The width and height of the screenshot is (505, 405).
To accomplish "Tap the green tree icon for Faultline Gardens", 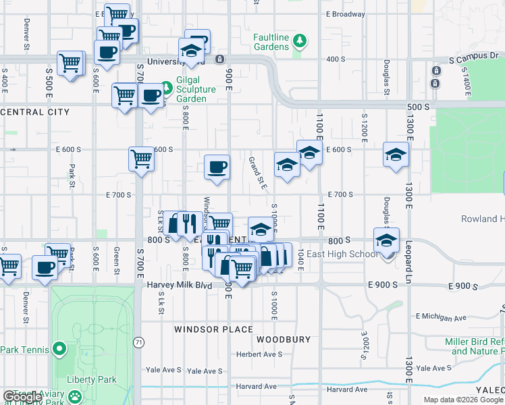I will [x=299, y=42].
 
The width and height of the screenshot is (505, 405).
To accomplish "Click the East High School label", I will [x=342, y=254].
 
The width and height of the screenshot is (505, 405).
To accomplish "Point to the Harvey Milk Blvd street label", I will [x=180, y=286].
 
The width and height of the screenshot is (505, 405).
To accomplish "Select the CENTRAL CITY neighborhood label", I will [x=35, y=112].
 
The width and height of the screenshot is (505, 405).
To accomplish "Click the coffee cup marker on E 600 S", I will [x=217, y=167].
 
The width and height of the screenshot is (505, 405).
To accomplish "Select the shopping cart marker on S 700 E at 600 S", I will [x=141, y=160].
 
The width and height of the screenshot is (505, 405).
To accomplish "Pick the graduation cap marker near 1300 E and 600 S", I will [x=396, y=155].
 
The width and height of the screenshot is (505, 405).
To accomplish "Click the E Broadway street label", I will [x=345, y=14].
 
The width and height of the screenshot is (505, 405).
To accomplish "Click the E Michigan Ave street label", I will [x=442, y=317].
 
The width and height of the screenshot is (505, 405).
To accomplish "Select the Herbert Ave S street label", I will [x=259, y=354].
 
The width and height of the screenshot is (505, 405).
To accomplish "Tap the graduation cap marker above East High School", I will [x=386, y=240].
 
